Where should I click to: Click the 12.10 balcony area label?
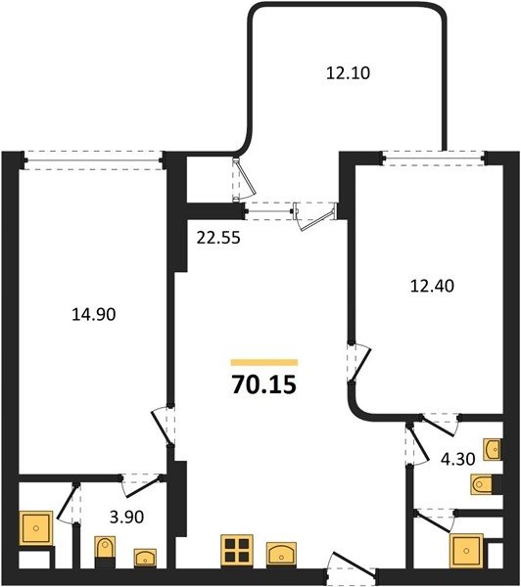pos(348,73)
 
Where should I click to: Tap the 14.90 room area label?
pos(94,314)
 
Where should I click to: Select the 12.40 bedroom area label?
pos(432,286)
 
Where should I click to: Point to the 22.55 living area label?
pos(218,238)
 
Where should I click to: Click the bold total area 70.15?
pos(264,384)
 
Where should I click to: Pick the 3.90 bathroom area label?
pos(126,517)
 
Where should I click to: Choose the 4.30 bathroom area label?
pos(457,459)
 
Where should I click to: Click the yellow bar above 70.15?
pos(264,362)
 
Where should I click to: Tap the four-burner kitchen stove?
pos(237,550)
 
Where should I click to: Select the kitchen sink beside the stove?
pos(281,554)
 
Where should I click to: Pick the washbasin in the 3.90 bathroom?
pos(145,558)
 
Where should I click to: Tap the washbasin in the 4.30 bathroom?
pos(492,448)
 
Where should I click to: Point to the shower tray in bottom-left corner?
pos(36,528)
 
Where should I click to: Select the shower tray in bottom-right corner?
pos(467,551)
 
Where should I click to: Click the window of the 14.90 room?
pos(94,161)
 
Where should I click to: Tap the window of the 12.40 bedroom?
pos(434,158)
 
